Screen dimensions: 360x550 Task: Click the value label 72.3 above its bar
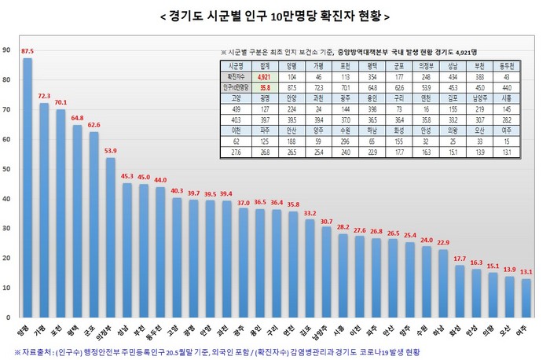44,96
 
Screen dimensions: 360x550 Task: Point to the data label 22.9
442,242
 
